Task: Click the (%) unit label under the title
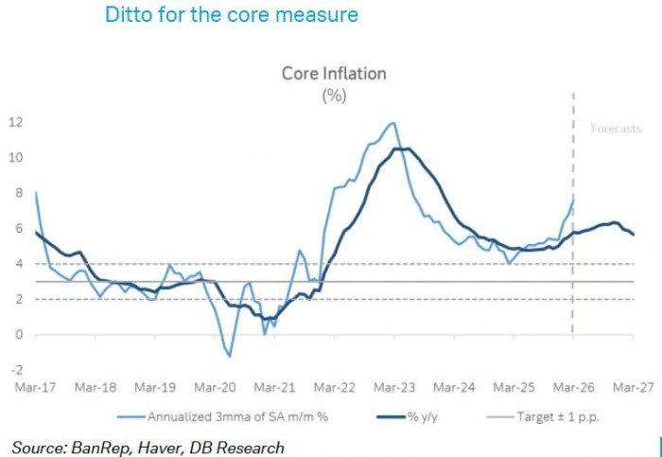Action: coord(334,95)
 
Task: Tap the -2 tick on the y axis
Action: coord(16,370)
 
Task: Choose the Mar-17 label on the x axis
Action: coord(35,387)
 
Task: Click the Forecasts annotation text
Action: coord(616,129)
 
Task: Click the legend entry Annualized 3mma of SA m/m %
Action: coord(223,415)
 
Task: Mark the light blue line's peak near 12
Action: coord(391,123)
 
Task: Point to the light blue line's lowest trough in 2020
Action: coord(229,356)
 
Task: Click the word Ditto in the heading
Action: coord(126,15)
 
